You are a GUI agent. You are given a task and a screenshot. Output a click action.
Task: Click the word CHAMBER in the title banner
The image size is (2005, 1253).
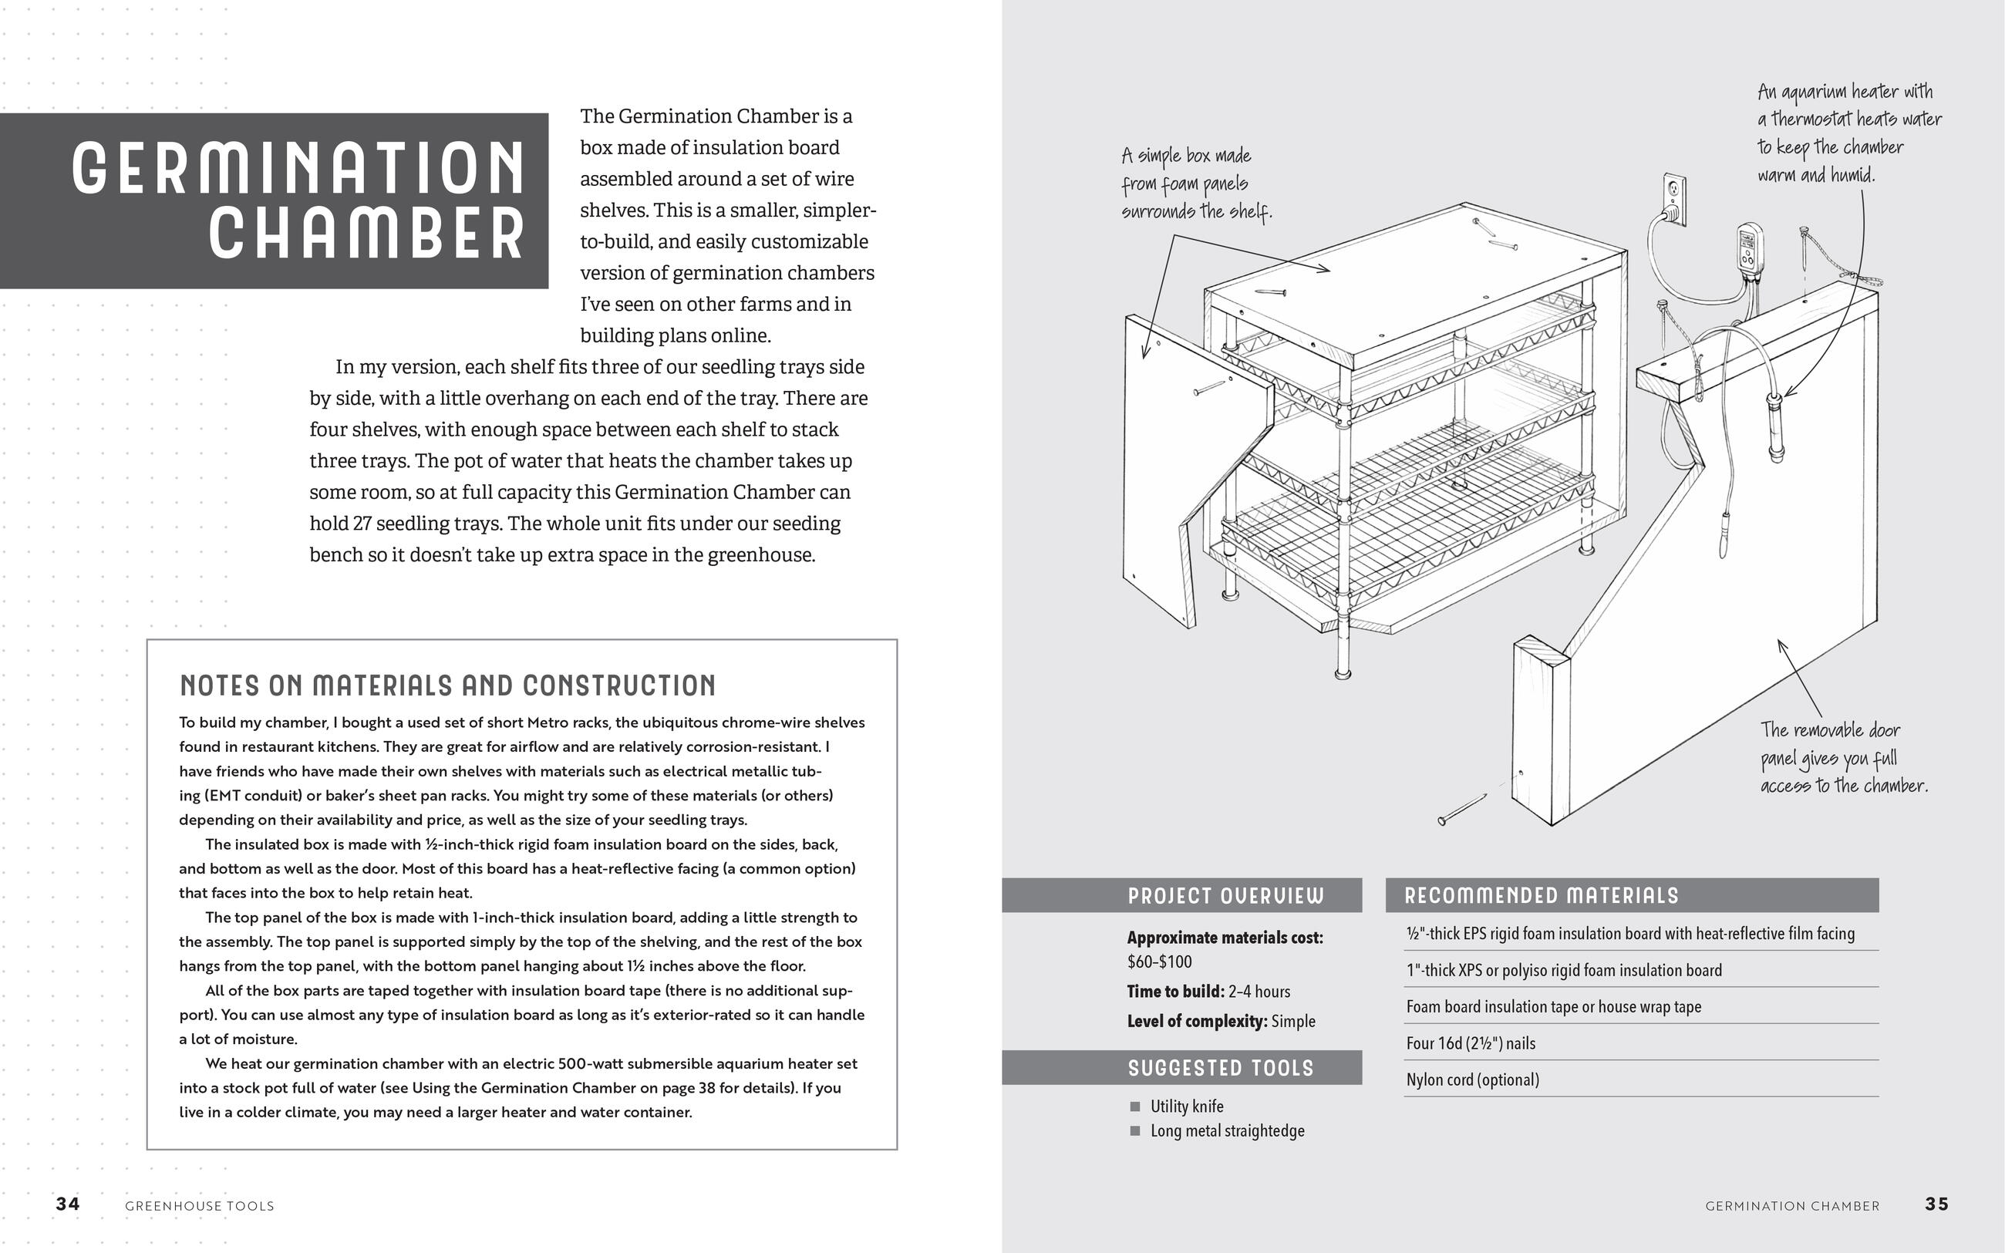[x=366, y=233]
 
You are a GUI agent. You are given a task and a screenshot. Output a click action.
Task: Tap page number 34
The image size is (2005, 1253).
[x=68, y=1204]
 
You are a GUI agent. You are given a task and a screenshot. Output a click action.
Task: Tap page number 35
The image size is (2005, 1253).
[x=1936, y=1204]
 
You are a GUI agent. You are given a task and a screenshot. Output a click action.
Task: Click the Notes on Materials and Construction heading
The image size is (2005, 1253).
[x=447, y=685]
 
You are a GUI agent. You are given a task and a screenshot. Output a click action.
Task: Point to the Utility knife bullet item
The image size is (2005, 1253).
[x=1187, y=1106]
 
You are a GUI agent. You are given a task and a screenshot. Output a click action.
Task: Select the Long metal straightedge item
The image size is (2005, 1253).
[x=1226, y=1130]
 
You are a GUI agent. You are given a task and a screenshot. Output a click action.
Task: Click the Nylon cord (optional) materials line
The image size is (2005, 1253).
[x=1472, y=1079]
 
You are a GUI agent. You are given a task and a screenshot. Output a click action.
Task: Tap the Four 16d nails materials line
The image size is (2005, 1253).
[x=1470, y=1042]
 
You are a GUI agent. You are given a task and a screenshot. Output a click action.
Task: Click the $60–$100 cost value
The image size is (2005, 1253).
[x=1159, y=962]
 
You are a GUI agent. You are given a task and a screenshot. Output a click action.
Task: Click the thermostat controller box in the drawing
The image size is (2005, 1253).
[x=1748, y=248]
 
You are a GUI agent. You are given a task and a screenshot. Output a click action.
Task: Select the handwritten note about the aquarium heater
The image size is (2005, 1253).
[x=1848, y=133]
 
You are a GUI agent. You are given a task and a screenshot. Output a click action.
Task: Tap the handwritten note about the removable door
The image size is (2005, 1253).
[x=1842, y=757]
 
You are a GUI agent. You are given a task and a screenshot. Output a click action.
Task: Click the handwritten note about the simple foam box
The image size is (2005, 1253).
[x=1195, y=184]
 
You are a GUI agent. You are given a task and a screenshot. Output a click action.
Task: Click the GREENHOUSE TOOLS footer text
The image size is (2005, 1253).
[x=199, y=1206]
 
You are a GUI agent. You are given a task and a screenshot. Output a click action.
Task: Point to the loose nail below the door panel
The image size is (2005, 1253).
[x=1462, y=809]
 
